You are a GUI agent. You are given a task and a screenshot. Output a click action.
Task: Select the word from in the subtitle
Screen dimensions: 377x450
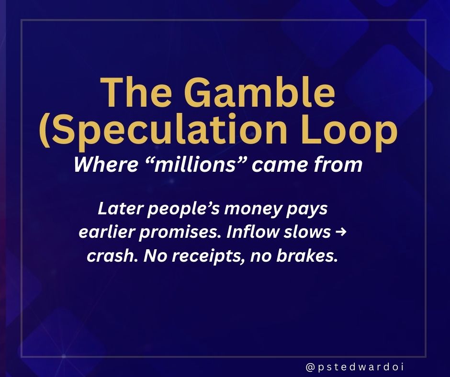tap(339, 165)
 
